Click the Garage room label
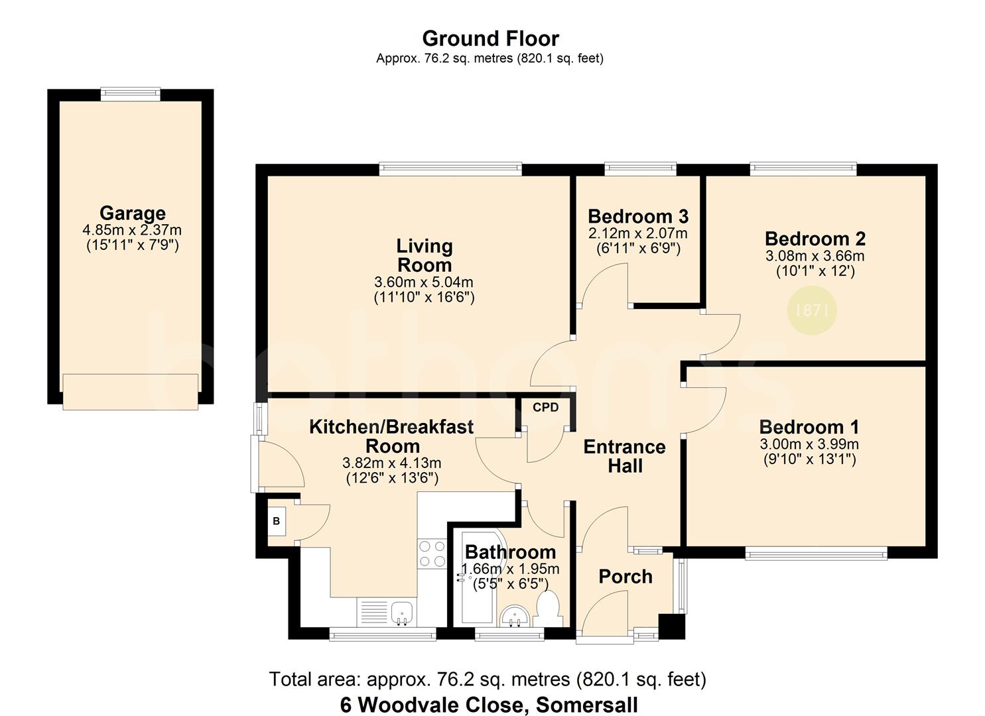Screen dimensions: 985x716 tap(133, 213)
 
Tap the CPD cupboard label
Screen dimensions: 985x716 tap(545, 408)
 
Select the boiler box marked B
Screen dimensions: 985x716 tap(277, 521)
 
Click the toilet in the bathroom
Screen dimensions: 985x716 tap(548, 609)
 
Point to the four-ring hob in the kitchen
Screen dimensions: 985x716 tap(432, 554)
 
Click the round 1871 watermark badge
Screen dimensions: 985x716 tap(812, 310)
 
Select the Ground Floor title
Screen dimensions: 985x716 tap(490, 38)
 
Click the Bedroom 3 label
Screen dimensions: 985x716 tap(638, 216)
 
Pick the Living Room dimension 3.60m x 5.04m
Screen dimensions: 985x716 tap(423, 282)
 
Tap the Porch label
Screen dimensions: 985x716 tap(625, 577)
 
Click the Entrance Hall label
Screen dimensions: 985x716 tap(625, 456)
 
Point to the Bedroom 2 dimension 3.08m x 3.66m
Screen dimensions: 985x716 tap(815, 256)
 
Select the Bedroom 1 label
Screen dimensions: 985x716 tap(809, 427)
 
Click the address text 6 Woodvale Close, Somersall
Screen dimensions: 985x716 tap(489, 705)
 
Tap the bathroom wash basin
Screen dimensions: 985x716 tap(515, 616)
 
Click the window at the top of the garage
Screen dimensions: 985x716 tap(130, 95)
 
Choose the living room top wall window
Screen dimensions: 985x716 tap(450, 169)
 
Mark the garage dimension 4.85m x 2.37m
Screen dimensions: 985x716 tap(132, 230)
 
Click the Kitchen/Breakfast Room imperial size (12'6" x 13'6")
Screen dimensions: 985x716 tap(392, 478)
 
